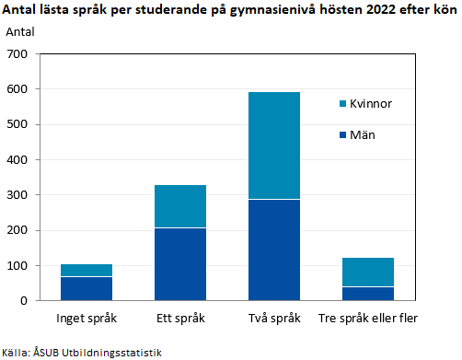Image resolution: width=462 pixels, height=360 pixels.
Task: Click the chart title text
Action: (229, 11)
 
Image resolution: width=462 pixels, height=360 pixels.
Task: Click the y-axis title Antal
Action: (21, 32)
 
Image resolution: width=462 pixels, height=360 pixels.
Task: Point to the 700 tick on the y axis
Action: (19, 54)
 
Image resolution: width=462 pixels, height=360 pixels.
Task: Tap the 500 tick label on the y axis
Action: (19, 124)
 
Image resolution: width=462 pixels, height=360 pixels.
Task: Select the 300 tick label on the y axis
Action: (19, 195)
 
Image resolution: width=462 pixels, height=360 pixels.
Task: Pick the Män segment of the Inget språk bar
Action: (86, 288)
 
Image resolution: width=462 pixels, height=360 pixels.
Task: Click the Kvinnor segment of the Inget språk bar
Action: (86, 270)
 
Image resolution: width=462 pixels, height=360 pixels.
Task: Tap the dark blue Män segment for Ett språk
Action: (179, 264)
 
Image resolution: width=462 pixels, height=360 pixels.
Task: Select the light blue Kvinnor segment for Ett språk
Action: (179, 206)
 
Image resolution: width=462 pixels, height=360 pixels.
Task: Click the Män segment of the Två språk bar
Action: (273, 250)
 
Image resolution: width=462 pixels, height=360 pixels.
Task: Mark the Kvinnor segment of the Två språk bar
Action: (273, 145)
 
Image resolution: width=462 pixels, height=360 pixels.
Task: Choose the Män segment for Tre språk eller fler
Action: (367, 294)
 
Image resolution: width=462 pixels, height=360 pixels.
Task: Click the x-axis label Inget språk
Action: (86, 319)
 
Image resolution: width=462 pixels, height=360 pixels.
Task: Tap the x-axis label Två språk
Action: (273, 319)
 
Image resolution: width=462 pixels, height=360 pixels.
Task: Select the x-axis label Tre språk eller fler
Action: (367, 319)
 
